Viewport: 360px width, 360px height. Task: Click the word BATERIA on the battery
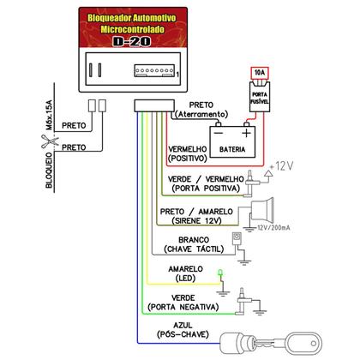pos(231,148)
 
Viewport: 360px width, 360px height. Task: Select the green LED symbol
pos(221,275)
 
